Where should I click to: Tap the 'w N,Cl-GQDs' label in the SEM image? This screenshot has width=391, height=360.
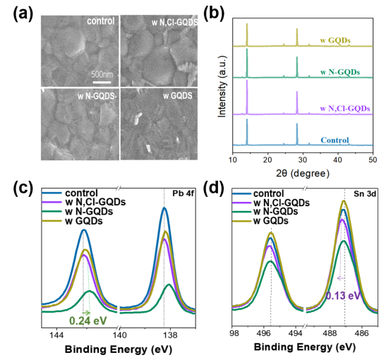tap(174, 22)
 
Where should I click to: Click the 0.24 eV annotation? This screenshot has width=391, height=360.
tap(89, 320)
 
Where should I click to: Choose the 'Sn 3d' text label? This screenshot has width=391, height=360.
tap(363, 193)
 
